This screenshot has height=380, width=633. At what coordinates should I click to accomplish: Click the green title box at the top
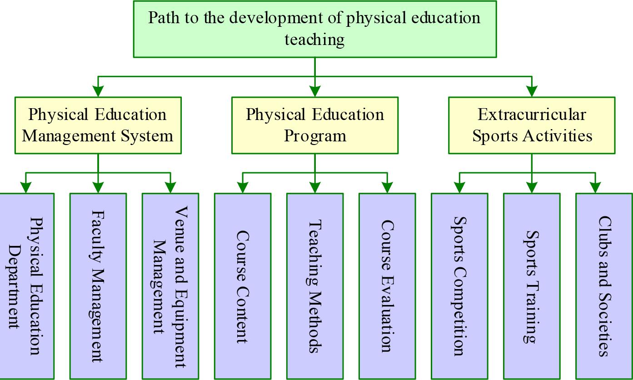point(314,29)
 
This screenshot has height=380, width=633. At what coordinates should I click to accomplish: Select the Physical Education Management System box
point(98,125)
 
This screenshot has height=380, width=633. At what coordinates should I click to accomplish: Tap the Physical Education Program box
point(314,125)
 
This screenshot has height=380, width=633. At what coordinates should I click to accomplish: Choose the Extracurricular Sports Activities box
point(532,125)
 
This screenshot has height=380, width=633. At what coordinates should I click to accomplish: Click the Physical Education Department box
point(26,285)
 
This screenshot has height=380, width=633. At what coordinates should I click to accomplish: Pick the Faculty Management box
point(98,285)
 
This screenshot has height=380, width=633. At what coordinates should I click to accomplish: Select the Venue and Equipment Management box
point(170,285)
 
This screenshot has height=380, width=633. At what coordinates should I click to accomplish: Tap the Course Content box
point(243,285)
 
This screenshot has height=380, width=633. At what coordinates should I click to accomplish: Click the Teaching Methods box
point(314,285)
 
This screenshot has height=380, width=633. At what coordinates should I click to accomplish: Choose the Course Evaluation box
point(387,285)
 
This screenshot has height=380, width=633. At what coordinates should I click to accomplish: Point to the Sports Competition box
point(459,285)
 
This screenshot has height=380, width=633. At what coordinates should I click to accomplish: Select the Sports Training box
point(532,285)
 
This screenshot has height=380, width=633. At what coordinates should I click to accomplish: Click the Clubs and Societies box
point(604,285)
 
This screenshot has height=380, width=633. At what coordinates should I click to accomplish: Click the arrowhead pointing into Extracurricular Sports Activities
point(532,91)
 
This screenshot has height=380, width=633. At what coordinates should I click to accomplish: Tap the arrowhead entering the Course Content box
point(243,188)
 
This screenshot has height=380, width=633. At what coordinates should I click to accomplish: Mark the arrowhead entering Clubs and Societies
point(595,188)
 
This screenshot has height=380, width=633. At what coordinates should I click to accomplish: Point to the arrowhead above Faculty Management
point(98,188)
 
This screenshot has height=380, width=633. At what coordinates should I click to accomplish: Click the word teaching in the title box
point(314,40)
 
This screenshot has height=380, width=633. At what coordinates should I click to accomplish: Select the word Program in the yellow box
point(314,136)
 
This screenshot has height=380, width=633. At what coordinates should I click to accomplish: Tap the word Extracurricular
point(532,114)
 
